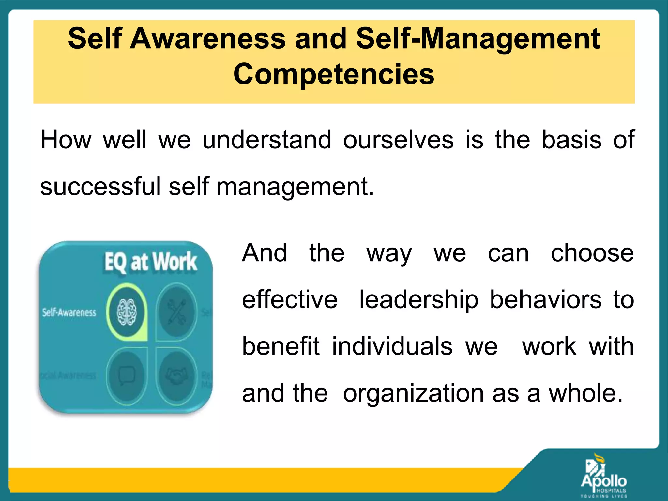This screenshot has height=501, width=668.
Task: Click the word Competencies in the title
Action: pos(334,74)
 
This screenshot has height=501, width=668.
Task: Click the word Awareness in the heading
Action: pos(208,38)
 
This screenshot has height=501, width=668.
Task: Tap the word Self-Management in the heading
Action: pos(478,39)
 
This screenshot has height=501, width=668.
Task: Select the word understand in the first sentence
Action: pos(267,140)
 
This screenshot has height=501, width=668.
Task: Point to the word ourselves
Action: pos(398,140)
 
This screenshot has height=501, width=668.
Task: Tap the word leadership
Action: pos(419,299)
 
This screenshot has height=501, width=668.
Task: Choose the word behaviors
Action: pos(546,299)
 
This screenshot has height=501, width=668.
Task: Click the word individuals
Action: pos(392,346)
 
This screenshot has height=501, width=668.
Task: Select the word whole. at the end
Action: pos(585,393)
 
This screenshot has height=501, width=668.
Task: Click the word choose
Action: pos(592,253)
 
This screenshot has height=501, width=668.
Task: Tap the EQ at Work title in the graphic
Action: pos(151,262)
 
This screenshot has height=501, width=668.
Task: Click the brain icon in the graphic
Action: pos(127,312)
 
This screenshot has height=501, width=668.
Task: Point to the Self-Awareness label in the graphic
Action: pos(69,312)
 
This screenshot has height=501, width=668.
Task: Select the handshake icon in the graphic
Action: pos(176,375)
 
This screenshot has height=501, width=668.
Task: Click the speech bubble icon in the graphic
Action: pos(127,375)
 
